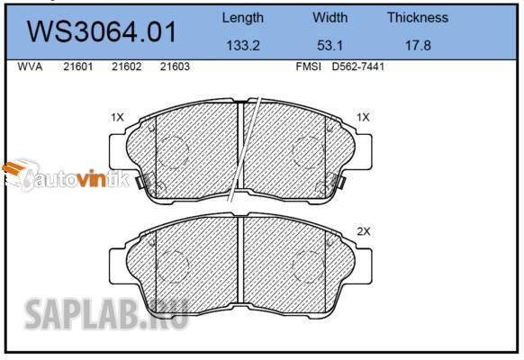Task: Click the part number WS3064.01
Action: coord(102,31)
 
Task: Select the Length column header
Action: coord(243,18)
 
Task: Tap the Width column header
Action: coord(330,17)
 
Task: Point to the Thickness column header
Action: coord(418,17)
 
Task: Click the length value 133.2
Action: coord(243,45)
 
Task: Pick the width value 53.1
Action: coord(330,45)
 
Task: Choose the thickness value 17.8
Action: coord(418,45)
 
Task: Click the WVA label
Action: coord(30,67)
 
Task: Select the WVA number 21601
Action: coord(78,67)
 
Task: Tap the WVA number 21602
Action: coord(127,67)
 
